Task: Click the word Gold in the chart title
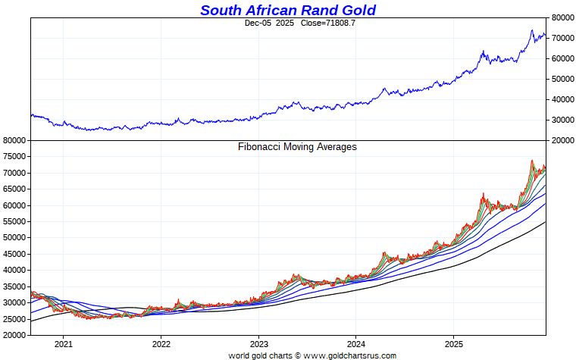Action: click(355, 10)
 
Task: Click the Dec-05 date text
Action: click(258, 23)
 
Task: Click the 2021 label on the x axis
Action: click(63, 343)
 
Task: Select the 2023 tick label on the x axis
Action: click(258, 343)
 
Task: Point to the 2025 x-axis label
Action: click(453, 343)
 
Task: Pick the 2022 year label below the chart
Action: click(161, 343)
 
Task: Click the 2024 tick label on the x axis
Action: click(356, 343)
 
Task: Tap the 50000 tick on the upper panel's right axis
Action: click(563, 79)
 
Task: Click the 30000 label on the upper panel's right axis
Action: click(563, 120)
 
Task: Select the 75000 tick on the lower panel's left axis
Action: click(14, 157)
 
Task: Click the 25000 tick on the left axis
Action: click(14, 318)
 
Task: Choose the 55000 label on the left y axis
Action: click(14, 221)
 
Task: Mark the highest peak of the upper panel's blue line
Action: click(531, 30)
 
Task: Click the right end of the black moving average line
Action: click(545, 222)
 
